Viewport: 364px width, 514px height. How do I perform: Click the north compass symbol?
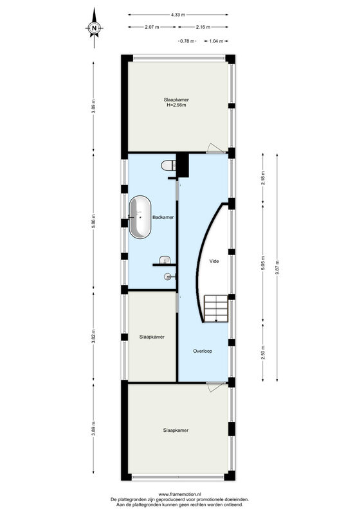tap(94, 28)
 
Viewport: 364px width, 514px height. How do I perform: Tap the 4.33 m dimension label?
tap(178, 15)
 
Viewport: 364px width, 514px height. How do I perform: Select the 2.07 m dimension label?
tap(152, 27)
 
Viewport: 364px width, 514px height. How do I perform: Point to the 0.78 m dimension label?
tap(187, 41)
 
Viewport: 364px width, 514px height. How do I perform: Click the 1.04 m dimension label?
tap(216, 41)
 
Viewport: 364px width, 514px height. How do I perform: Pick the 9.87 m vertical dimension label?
tap(277, 267)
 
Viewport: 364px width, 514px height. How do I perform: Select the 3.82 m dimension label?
tap(93, 336)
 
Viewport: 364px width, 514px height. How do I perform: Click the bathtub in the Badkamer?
tap(140, 217)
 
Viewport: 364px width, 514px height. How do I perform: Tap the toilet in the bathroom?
tap(168, 166)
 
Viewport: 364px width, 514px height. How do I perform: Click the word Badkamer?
tap(163, 217)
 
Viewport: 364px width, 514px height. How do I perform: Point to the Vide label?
tap(214, 261)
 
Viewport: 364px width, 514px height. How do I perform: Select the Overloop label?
tap(203, 351)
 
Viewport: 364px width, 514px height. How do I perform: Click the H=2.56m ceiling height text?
tap(176, 105)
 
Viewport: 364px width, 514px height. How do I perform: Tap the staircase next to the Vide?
tap(216, 309)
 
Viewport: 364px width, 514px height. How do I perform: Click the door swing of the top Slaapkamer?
tap(214, 148)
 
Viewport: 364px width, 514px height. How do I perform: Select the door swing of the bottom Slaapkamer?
tap(214, 387)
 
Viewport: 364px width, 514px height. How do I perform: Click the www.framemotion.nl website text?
tap(180, 494)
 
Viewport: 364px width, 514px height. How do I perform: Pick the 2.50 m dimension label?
tap(263, 352)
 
